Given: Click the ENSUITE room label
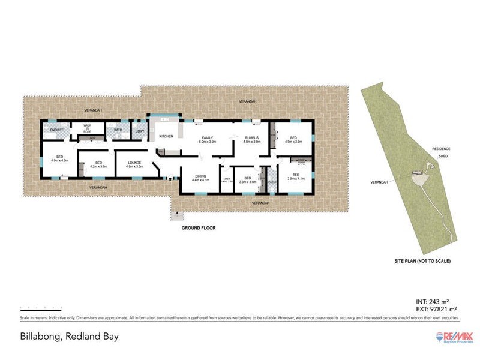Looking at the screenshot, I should pos(58,130).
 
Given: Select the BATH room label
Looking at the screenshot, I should pos(118,130).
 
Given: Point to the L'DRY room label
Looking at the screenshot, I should pos(139,131).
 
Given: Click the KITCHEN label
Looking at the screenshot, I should pos(166,136).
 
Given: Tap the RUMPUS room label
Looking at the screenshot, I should pos(251,137).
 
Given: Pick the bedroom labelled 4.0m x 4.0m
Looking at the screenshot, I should pos(59,158).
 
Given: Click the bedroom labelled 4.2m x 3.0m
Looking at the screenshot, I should pos(98,164).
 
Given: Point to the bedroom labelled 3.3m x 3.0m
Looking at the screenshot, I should pos(247,179).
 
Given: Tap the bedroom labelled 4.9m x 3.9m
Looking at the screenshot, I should pos(293,140).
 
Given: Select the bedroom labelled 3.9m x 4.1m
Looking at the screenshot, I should pos(293,176).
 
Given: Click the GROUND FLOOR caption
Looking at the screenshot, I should pos(199,228).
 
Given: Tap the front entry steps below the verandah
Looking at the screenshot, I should pos(176,214).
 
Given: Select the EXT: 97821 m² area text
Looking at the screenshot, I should pos(434,308).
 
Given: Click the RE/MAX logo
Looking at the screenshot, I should pos(454,336).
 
